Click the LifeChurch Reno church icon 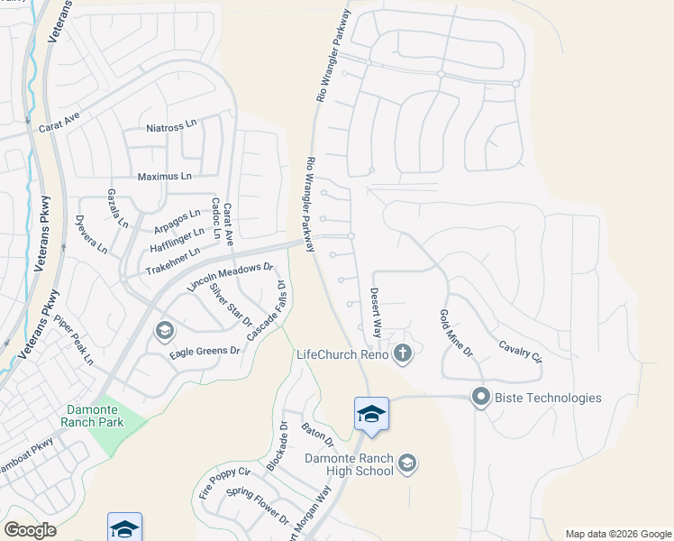(403, 354)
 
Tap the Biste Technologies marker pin (480, 397)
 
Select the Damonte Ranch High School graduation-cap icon (407, 463)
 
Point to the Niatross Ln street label (171, 126)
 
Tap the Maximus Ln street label (164, 176)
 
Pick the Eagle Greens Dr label (205, 351)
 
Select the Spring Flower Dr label (257, 507)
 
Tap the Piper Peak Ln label (73, 339)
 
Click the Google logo (31, 530)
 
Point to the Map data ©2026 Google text (617, 534)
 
